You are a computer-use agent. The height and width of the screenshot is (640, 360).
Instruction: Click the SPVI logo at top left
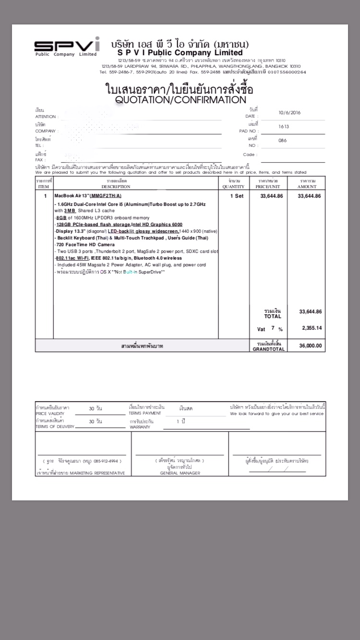[x=66, y=46]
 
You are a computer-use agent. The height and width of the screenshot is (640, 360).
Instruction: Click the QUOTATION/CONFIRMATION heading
[x=180, y=100]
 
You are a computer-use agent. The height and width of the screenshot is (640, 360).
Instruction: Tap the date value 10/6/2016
[x=290, y=113]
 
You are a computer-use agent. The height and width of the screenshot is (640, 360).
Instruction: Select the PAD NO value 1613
[x=284, y=127]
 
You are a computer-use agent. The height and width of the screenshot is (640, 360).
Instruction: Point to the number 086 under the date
[x=283, y=141]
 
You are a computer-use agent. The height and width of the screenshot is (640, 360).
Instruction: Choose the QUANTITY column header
[x=233, y=186]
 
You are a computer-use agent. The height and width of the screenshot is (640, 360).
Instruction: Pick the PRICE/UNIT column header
[x=267, y=186]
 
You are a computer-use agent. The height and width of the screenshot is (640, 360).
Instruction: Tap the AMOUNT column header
[x=307, y=186]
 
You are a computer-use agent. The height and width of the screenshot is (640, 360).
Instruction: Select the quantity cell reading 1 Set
[x=237, y=196]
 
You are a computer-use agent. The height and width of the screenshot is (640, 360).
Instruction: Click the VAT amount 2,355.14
[x=312, y=328]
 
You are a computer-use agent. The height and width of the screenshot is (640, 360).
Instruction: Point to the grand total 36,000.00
[x=310, y=346]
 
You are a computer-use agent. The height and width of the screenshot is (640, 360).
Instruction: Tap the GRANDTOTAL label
[x=268, y=349]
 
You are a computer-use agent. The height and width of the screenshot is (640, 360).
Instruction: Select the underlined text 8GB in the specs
[x=61, y=217]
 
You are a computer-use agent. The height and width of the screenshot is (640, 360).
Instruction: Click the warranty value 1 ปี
[x=180, y=421]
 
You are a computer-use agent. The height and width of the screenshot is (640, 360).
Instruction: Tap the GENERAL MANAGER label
[x=180, y=473]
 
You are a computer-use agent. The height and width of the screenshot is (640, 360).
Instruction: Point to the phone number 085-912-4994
[x=106, y=461]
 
